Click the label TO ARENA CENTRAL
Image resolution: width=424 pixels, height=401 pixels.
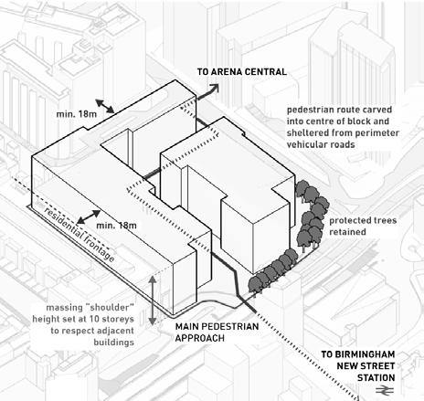(242, 72)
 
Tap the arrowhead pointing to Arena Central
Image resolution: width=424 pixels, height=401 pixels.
(215, 89)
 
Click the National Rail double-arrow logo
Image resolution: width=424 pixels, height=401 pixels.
(385, 390)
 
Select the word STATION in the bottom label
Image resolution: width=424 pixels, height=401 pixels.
(376, 378)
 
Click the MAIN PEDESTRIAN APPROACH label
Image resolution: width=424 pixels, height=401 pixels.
(217, 332)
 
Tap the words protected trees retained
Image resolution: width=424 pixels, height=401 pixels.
(363, 226)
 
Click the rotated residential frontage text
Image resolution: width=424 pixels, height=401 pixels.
(79, 235)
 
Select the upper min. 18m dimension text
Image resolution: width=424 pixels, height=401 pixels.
(77, 114)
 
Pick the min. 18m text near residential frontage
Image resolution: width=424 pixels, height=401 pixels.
(116, 226)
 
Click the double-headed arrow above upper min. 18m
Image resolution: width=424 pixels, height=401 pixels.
(105, 106)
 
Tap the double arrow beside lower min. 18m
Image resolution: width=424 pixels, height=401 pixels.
(89, 216)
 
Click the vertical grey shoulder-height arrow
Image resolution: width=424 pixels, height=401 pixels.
(153, 301)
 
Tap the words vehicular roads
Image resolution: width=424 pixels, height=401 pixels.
(321, 144)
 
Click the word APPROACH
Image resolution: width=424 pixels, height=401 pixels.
(200, 338)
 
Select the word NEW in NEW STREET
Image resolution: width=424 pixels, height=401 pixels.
(346, 366)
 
